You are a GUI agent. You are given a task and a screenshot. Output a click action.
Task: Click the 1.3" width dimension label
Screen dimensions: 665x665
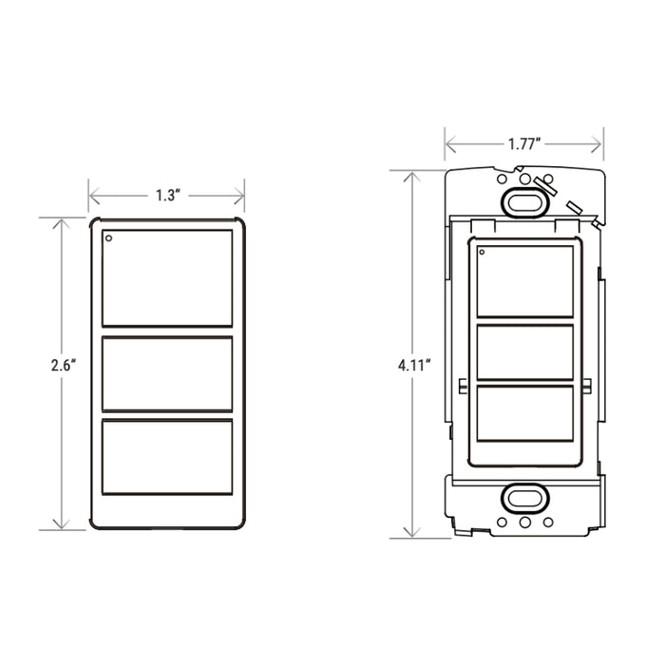168,196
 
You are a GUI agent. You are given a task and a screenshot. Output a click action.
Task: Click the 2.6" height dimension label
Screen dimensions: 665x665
64,365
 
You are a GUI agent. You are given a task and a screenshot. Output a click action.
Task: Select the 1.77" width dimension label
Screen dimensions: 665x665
524,144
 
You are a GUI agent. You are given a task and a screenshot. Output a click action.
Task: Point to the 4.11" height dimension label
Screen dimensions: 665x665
414,365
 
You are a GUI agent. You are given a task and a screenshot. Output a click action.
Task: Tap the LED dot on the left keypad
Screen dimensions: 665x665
109,238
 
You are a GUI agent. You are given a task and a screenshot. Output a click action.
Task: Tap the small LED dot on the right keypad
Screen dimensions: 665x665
482,253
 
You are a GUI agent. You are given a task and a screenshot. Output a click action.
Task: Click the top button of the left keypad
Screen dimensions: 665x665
167,278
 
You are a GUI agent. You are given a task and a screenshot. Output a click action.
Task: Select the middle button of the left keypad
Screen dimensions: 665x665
167,373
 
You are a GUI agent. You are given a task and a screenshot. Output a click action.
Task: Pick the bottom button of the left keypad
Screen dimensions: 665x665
167,457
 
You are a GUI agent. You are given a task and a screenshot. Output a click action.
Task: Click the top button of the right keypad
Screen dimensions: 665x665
525,281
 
